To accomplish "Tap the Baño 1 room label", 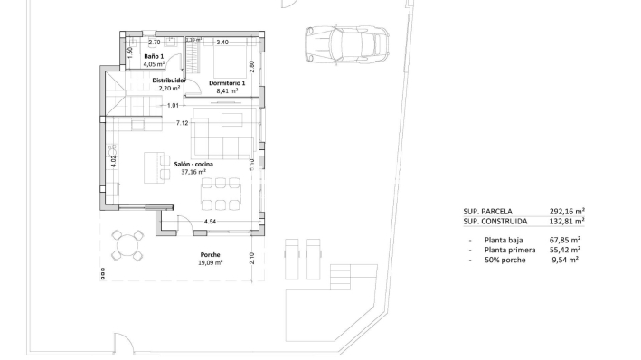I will click(153, 56).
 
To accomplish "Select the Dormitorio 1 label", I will click(226, 83).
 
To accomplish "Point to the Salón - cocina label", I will click(193, 164).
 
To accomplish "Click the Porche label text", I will click(210, 256).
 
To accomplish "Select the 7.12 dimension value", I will click(181, 123).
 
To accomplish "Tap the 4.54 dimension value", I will click(210, 221).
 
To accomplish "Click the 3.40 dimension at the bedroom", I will click(222, 42).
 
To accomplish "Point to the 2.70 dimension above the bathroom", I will click(154, 42).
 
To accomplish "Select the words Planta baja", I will click(505, 240).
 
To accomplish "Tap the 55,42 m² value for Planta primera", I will click(564, 250).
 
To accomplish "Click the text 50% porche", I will click(504, 260).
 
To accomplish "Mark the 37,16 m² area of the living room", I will click(193, 172).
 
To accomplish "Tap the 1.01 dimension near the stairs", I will click(173, 105).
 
